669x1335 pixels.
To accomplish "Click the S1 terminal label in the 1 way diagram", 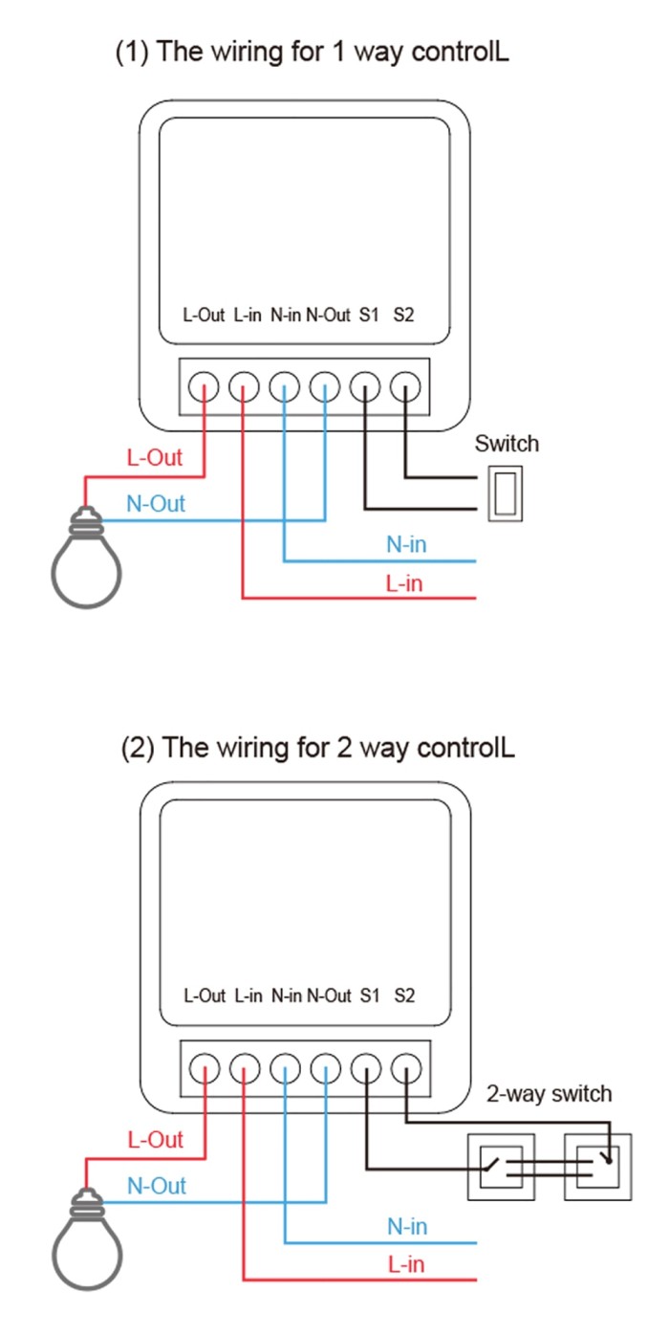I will coord(369,315).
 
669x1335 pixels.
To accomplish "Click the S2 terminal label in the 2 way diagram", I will coord(404,996).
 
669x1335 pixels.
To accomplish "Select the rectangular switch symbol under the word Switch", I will coord(504,492).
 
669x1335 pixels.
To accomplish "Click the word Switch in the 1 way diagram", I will coord(507,444).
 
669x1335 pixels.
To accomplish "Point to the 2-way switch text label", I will coord(549,1093).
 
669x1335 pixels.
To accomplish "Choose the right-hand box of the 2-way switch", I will coord(597,1166).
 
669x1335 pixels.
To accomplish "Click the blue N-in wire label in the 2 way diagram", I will coord(407,1226).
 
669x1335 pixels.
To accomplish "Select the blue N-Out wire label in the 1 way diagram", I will coord(156,504).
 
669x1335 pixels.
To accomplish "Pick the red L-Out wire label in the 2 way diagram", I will coord(155,1140).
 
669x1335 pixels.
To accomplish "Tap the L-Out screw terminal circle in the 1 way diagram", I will coord(204,387).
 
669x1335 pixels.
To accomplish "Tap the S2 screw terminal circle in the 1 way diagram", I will coord(406,387).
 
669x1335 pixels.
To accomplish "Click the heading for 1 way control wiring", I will coord(312,52).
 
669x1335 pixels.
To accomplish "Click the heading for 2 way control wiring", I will coord(317,747).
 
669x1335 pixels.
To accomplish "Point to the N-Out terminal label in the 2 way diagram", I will coord(329,996).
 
